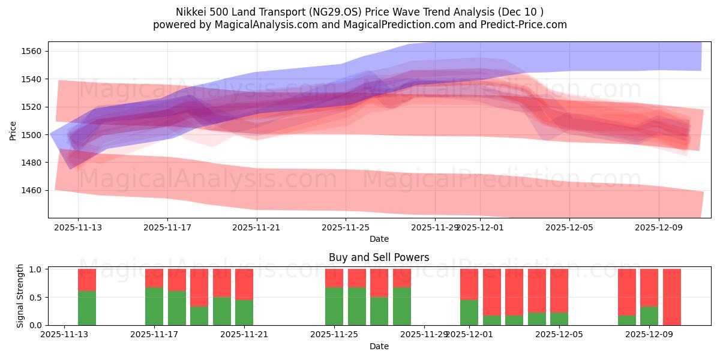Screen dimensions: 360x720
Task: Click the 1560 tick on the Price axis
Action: coord(33,52)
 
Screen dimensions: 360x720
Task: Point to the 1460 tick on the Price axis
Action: coord(33,190)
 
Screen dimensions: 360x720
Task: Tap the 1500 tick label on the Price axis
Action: coord(33,135)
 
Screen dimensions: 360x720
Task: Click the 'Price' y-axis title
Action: coord(13,130)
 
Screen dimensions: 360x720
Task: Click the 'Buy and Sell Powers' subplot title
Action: coord(379,257)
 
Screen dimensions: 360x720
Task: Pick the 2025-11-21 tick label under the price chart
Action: coord(257,227)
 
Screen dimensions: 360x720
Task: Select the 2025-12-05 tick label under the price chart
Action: coord(569,227)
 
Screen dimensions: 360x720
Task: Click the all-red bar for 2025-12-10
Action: coord(672,297)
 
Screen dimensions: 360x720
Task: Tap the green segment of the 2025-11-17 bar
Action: coord(154,307)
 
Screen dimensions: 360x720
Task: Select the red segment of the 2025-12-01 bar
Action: coord(469,284)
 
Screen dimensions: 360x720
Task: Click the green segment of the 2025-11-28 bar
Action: coord(402,307)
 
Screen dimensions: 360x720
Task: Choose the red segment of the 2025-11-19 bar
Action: coord(199,287)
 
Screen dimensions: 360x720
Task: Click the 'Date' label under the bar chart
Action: coord(379,346)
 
